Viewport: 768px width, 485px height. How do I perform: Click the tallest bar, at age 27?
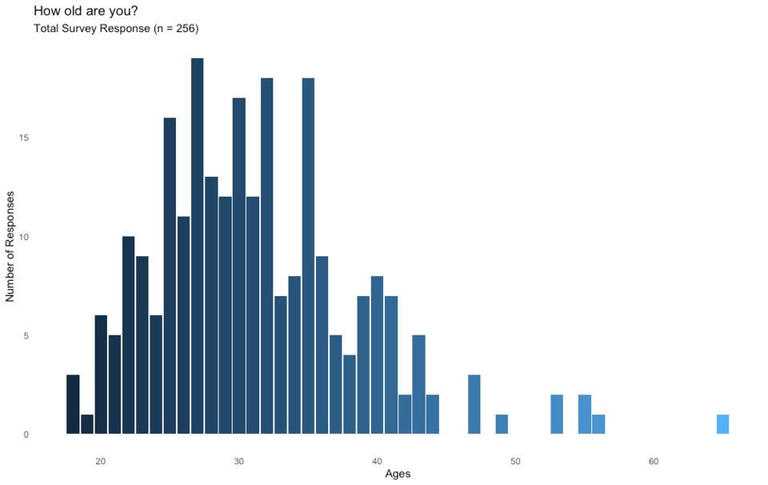(x=198, y=247)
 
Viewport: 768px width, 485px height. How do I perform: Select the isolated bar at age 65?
(x=722, y=424)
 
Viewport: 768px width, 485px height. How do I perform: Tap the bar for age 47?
(x=474, y=404)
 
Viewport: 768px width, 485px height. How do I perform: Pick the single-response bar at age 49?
(x=502, y=424)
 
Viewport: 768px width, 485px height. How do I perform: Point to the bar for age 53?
(x=557, y=415)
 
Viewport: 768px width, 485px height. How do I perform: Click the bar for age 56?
(x=598, y=424)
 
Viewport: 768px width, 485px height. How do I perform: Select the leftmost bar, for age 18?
(x=73, y=404)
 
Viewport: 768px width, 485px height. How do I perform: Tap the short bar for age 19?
(x=87, y=424)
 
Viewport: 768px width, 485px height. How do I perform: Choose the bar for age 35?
(x=308, y=256)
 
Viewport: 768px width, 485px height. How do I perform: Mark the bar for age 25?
(x=170, y=276)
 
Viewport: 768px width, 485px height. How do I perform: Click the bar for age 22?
(x=128, y=335)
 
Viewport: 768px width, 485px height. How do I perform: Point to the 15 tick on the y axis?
(x=25, y=138)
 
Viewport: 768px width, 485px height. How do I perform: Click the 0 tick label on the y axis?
(x=26, y=435)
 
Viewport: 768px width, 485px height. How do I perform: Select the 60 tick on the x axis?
(x=654, y=461)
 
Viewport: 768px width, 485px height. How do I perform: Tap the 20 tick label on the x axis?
(x=101, y=461)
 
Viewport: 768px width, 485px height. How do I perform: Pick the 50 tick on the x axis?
(x=515, y=461)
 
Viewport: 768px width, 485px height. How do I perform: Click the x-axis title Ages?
(x=398, y=475)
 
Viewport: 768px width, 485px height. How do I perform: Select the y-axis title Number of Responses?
(x=10, y=247)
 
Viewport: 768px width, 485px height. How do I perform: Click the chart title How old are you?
(x=86, y=10)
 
